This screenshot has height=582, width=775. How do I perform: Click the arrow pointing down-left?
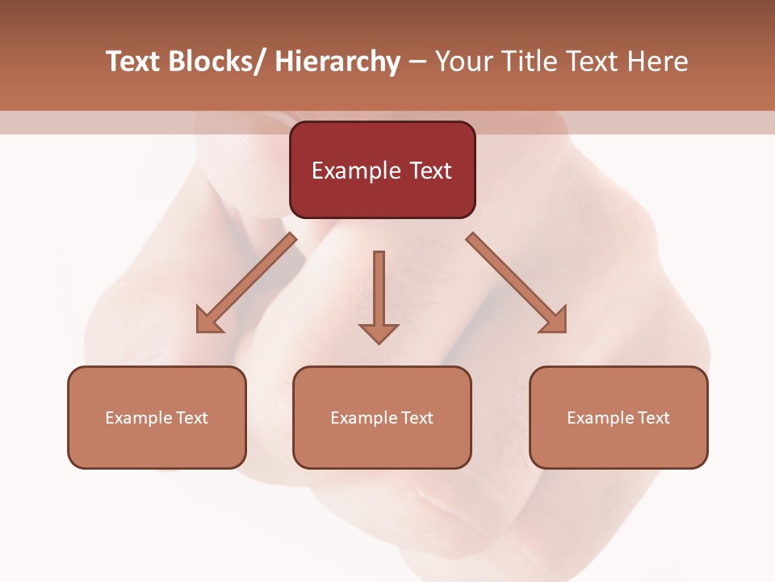[246, 283]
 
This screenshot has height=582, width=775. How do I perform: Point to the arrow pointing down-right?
[517, 283]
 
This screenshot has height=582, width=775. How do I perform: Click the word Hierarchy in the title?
[337, 61]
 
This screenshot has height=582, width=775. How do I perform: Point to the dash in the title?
[417, 63]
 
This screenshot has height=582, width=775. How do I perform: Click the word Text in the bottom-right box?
[653, 418]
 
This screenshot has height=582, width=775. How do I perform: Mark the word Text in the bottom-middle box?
[417, 418]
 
